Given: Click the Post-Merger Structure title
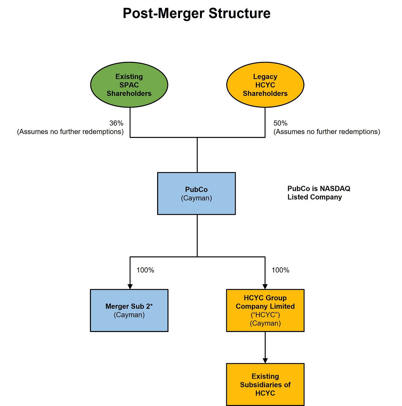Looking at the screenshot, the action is (197, 14).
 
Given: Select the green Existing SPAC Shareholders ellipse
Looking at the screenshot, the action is (129, 85).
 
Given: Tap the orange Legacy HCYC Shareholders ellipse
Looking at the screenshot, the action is (265, 85).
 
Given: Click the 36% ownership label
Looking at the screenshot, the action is (116, 123).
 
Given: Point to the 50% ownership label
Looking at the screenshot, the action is (281, 123).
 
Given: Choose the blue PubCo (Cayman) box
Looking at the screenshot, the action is (197, 193).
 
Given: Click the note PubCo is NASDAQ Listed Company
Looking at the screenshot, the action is (319, 193).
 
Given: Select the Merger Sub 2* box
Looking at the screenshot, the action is (129, 310).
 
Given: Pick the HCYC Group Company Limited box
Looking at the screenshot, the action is (265, 310).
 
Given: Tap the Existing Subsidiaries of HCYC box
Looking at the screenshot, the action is (265, 384).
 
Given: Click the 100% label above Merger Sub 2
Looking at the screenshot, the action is (145, 270).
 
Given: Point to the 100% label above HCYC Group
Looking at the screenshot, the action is (281, 270).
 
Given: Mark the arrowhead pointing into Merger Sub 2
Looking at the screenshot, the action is (130, 287).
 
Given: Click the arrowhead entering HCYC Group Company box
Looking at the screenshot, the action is (265, 287).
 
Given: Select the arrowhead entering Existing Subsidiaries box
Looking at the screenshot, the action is (265, 361).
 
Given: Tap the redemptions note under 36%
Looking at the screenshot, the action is (70, 132).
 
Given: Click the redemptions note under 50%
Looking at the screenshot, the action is (327, 132).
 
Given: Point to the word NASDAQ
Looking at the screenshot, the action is (335, 189).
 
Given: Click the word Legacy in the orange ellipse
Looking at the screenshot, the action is (265, 77).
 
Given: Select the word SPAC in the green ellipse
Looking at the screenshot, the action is (129, 85).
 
